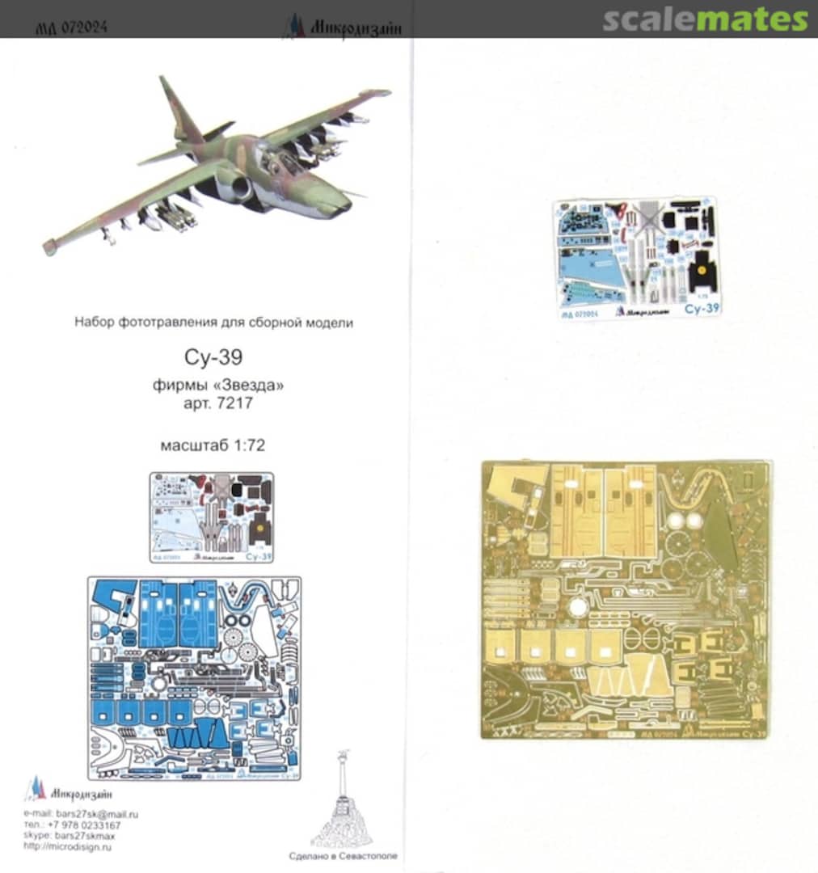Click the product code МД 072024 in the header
click(x=72, y=27)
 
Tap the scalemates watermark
click(x=704, y=20)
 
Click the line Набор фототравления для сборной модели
click(x=213, y=323)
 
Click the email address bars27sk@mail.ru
click(x=97, y=814)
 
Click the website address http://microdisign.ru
click(x=69, y=846)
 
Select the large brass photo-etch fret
click(x=625, y=599)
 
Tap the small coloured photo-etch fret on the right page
click(x=638, y=257)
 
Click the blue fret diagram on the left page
click(x=193, y=678)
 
